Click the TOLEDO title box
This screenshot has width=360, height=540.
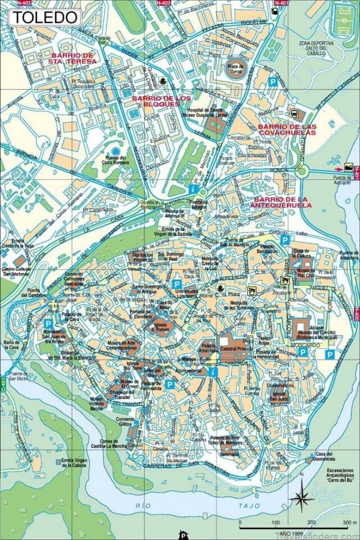[x=45, y=17]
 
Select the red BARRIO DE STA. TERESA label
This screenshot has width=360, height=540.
[x=73, y=58]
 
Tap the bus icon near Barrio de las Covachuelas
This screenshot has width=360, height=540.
[x=294, y=113]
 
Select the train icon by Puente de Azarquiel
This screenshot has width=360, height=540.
[x=348, y=168]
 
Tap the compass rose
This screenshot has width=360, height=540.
[x=301, y=496]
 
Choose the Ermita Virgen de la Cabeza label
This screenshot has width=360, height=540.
[x=74, y=464]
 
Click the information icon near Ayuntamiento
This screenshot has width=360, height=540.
[x=213, y=372]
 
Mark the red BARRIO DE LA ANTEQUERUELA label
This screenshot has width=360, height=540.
[x=283, y=202]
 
